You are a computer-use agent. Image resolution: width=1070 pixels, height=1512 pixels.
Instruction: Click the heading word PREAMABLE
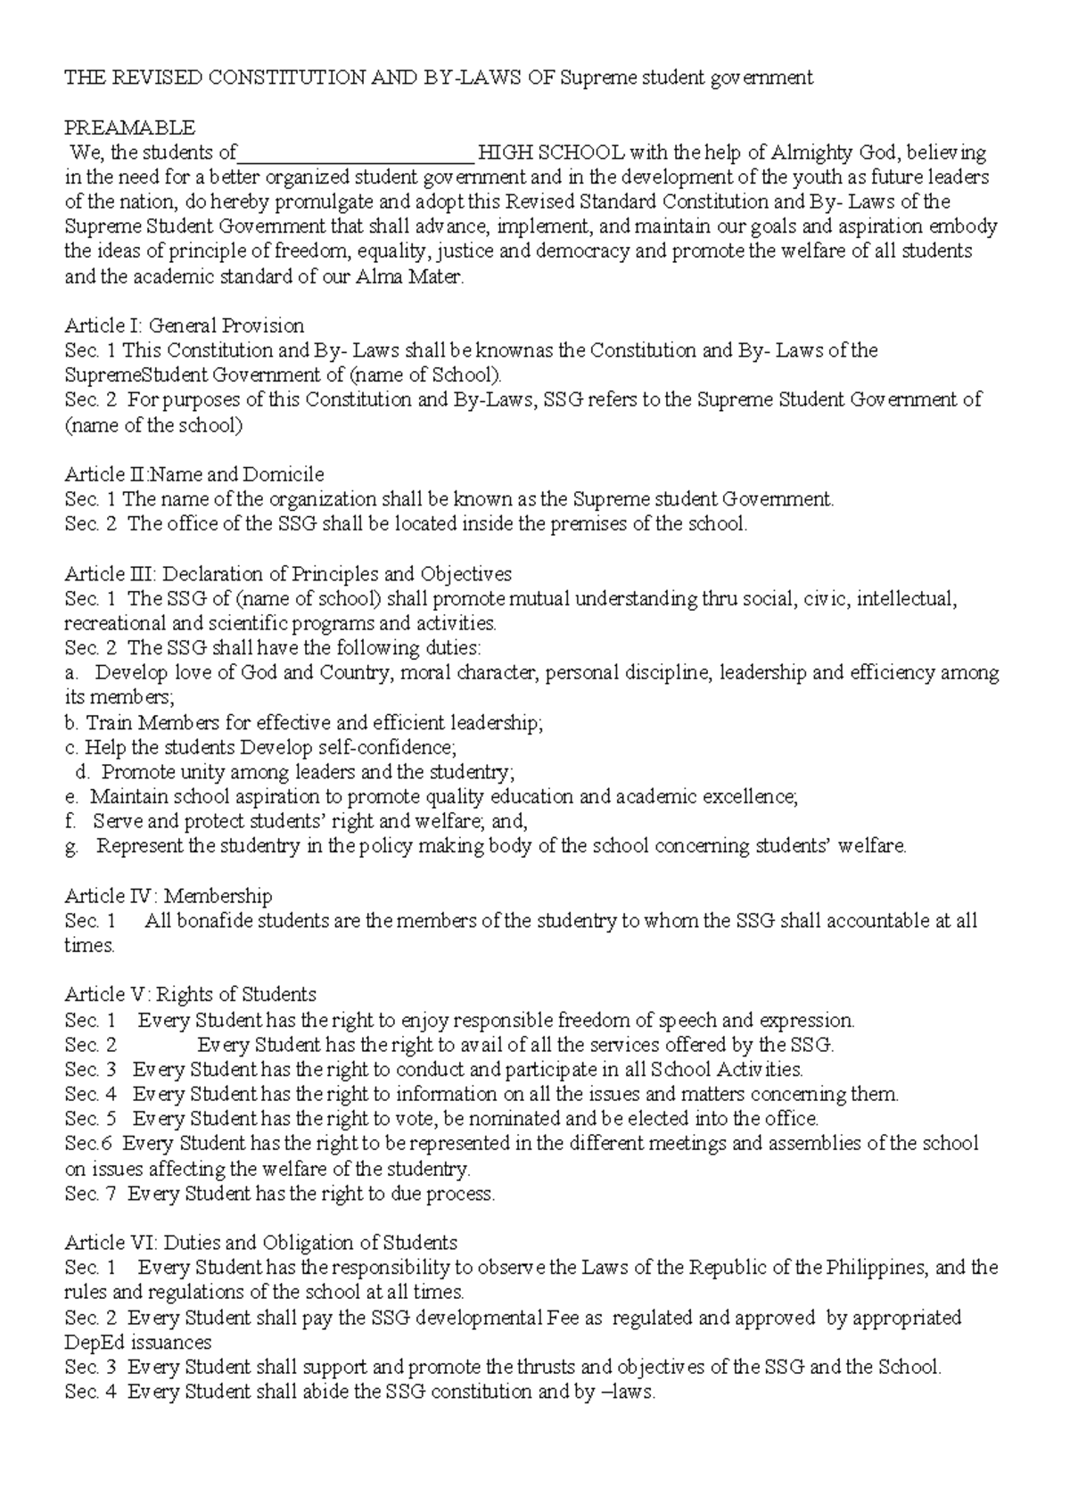(x=129, y=127)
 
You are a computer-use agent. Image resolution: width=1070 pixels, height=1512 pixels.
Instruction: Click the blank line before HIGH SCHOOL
(x=355, y=153)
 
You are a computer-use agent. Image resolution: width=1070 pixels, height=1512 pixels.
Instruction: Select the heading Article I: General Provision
(x=185, y=325)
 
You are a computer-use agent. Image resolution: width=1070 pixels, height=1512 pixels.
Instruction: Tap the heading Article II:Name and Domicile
(x=194, y=474)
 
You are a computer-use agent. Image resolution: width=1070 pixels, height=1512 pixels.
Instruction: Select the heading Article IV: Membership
(x=169, y=896)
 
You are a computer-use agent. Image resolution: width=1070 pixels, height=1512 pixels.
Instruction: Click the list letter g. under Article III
(x=71, y=847)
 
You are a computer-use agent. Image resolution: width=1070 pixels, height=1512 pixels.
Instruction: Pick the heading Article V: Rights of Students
(x=190, y=995)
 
